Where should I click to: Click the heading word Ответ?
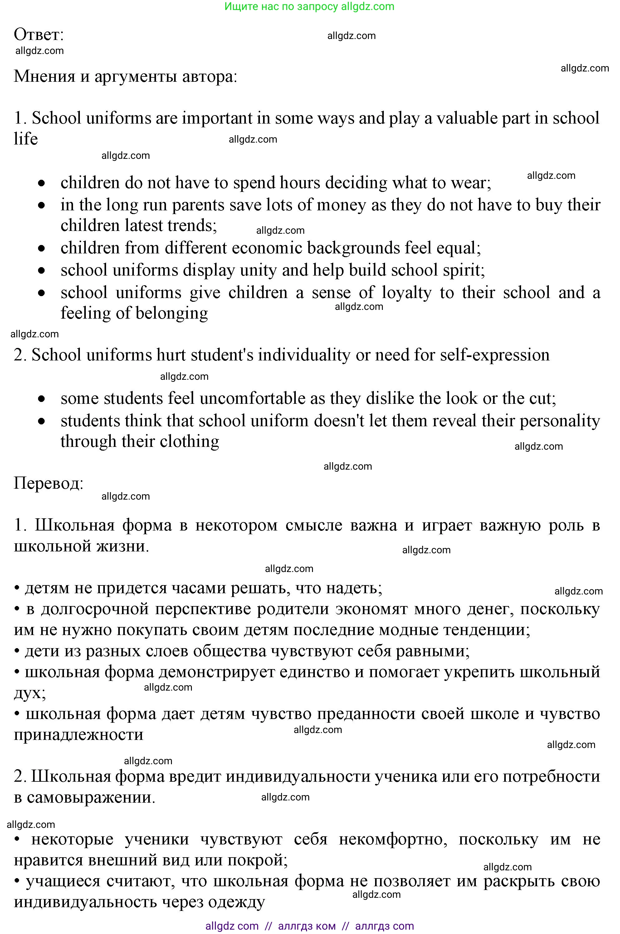tap(39, 35)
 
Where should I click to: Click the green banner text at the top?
tap(309, 6)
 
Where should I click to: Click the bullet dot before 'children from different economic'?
tap(41, 248)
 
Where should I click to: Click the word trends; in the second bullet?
tap(192, 225)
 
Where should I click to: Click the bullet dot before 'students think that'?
tap(41, 422)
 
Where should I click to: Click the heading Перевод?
tap(49, 483)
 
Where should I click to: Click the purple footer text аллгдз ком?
tap(307, 926)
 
